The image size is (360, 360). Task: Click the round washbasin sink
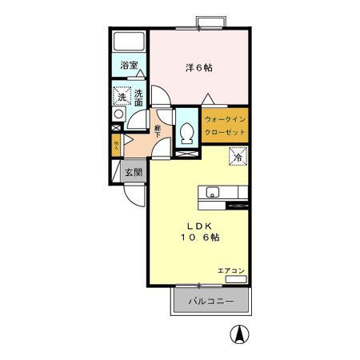118,125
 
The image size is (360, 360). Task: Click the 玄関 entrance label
133,172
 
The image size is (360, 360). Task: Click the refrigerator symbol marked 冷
238,158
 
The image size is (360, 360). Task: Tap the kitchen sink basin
213,191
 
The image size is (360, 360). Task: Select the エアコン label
230,271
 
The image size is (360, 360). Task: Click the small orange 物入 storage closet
117,146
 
